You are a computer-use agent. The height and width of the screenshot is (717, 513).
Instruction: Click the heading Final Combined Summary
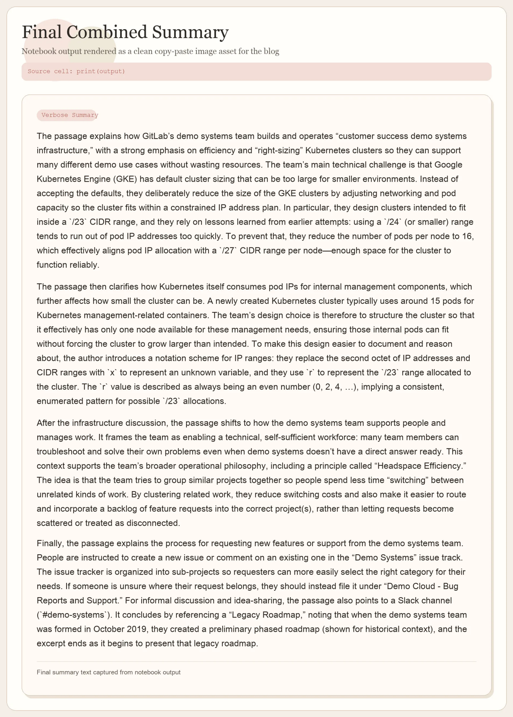pos(125,32)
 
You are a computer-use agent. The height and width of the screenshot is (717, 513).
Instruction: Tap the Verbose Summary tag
pos(69,115)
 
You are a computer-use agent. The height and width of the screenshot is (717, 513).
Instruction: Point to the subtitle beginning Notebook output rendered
pos(150,52)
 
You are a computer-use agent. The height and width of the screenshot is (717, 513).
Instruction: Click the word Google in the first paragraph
pos(448,165)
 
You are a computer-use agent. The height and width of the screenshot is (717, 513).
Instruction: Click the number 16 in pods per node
pos(467,236)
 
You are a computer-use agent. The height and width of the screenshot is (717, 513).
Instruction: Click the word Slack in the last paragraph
pos(408,600)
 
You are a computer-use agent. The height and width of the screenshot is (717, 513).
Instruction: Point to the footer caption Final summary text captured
pos(108,672)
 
